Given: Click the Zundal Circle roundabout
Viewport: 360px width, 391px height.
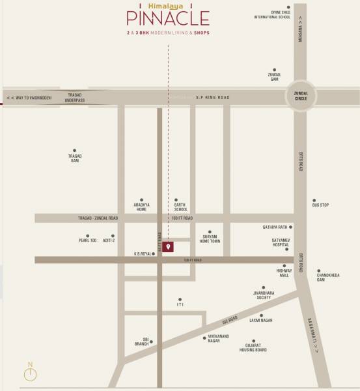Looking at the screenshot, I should point(300,97).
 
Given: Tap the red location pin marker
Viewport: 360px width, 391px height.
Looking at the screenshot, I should point(168,247).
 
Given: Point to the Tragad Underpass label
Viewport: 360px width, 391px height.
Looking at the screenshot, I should point(75,97).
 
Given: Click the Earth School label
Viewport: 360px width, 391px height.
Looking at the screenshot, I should point(180,207).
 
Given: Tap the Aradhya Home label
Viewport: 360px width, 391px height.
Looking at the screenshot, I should point(141,207).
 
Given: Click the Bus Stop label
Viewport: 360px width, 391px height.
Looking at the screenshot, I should point(320,205).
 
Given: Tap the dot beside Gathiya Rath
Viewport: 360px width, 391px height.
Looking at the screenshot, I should point(291,227).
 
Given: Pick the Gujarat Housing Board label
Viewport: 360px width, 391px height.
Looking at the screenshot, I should point(256,348).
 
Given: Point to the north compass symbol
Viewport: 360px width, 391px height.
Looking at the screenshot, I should point(29,373).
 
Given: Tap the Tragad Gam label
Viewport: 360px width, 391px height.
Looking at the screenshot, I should point(75,158).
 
